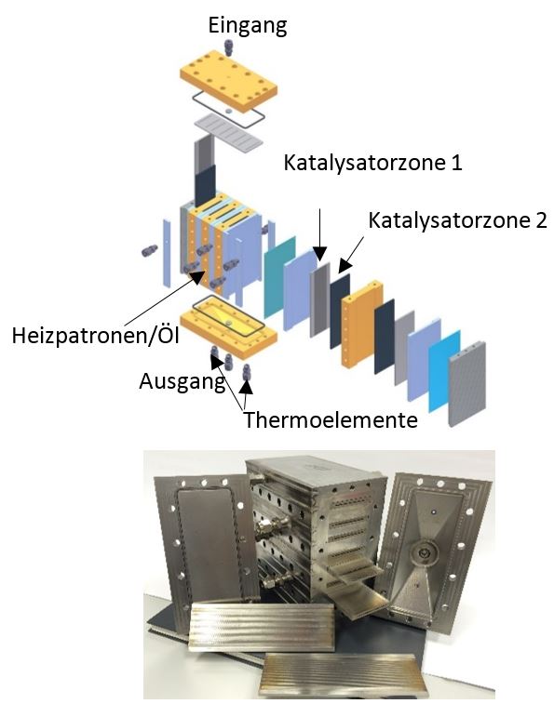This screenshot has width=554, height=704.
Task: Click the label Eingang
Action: point(248,26)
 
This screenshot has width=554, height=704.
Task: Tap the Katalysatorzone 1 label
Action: point(372,163)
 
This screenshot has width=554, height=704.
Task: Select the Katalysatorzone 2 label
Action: point(457,220)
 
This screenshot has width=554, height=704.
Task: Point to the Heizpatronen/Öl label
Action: point(95,335)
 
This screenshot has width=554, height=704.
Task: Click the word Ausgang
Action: point(182,382)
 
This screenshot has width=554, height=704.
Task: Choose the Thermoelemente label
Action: point(331,420)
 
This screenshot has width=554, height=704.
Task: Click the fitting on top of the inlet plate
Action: point(228,47)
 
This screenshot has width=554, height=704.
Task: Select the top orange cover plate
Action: point(228,81)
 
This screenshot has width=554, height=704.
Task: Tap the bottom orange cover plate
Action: point(228,327)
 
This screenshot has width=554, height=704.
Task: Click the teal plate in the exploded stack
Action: point(279,277)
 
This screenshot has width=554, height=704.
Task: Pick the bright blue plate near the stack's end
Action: point(444,371)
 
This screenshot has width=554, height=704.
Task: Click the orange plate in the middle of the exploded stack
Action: point(362,324)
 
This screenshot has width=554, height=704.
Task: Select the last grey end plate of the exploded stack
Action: point(467,383)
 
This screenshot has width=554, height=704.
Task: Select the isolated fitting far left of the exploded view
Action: point(149,250)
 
